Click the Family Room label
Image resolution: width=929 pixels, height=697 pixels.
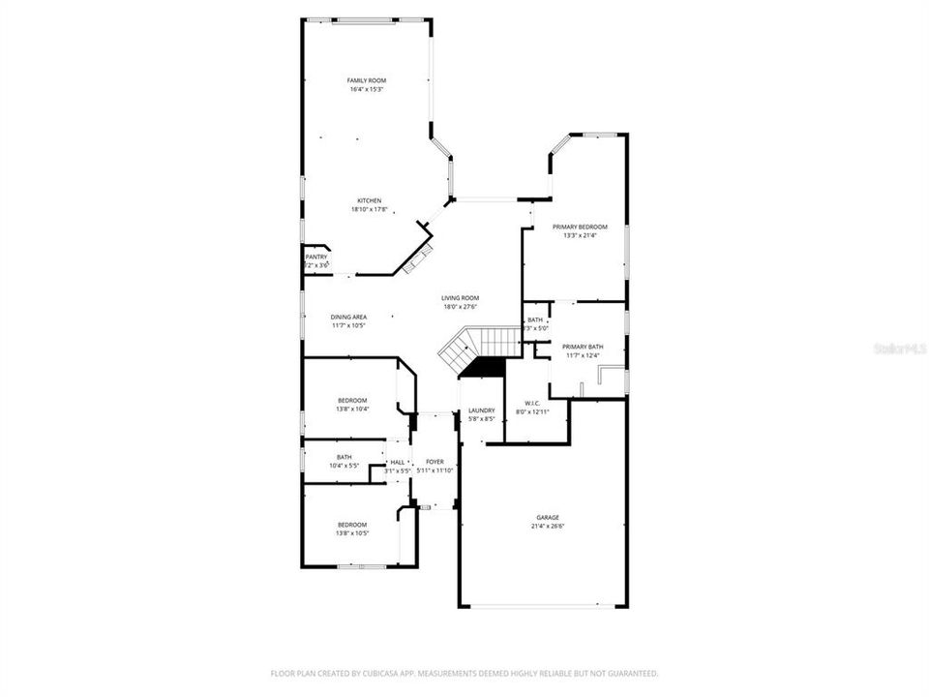click(x=367, y=80)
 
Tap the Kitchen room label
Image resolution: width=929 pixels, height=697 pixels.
click(x=368, y=200)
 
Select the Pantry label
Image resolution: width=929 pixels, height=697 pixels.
click(x=316, y=257)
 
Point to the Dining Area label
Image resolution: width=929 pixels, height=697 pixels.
click(x=348, y=317)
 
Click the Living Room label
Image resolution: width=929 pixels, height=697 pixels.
click(x=461, y=298)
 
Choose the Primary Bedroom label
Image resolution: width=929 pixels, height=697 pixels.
click(x=580, y=227)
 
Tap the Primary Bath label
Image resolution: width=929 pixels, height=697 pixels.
click(x=583, y=347)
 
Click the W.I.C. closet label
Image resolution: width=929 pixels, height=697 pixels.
click(x=531, y=404)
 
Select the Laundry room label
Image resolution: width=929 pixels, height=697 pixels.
click(x=481, y=410)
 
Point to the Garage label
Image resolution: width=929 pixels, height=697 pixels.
click(x=548, y=518)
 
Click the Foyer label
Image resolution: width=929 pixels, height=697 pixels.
click(x=435, y=462)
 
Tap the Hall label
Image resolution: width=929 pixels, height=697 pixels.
click(x=398, y=463)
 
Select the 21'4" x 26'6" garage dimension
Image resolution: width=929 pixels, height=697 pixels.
click(x=548, y=527)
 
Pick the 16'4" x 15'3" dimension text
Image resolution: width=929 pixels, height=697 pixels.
click(x=367, y=89)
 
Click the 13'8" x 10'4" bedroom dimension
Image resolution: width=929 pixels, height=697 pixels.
click(x=352, y=409)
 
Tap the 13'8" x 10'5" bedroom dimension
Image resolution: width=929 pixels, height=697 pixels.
click(x=352, y=533)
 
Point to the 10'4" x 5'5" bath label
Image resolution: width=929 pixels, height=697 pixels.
click(x=345, y=466)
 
